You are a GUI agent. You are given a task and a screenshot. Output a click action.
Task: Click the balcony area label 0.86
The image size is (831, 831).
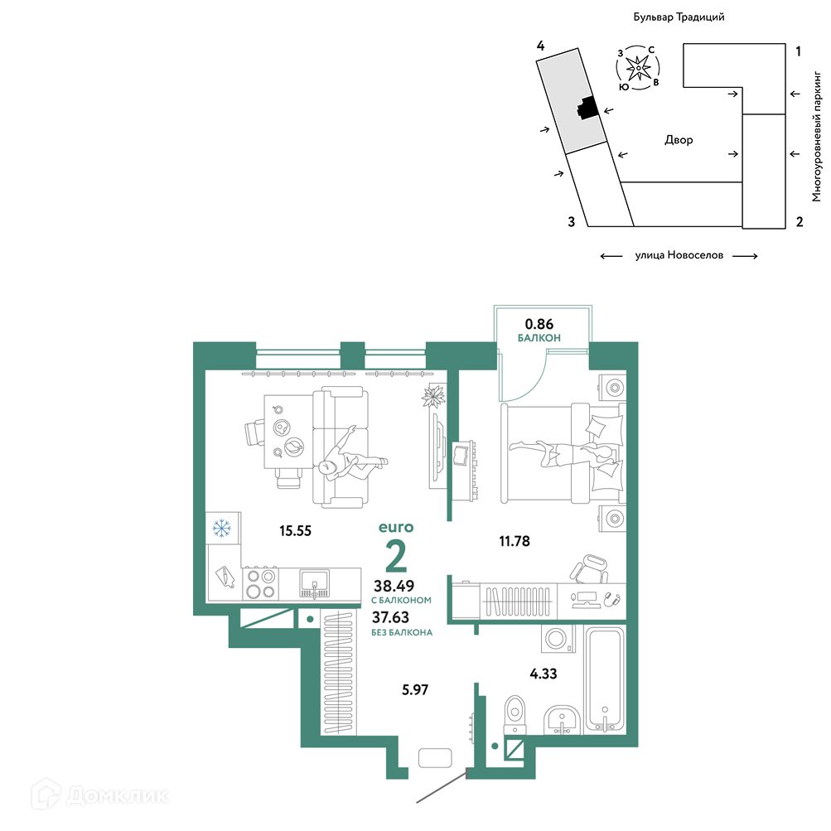coord(539,324)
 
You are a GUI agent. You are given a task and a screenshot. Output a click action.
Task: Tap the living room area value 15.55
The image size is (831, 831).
coord(295,530)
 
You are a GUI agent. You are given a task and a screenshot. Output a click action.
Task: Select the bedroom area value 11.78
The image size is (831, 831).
coord(514,541)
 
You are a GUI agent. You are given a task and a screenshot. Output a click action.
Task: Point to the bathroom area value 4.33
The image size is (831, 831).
coord(544,674)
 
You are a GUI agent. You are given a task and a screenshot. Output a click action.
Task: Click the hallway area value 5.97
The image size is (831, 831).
coord(414,689)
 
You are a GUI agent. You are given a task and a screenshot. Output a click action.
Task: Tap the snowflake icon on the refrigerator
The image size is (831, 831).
coord(221,528)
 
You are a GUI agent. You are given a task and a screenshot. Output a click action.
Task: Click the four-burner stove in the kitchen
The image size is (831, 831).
coord(261,583)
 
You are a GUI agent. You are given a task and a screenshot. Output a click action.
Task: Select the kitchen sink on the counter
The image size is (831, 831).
coord(314,583)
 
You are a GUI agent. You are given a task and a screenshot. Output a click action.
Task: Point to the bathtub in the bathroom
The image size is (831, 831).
coord(605,680)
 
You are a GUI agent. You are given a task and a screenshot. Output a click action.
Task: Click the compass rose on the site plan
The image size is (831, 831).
coord(638,68)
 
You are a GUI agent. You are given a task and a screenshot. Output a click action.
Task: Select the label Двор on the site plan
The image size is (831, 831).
coord(679,140)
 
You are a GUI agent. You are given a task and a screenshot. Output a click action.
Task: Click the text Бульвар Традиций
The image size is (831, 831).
coord(679,17)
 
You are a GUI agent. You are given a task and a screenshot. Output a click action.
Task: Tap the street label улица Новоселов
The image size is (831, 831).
coord(679,255)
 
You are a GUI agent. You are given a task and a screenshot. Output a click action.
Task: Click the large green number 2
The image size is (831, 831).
coord(396,555)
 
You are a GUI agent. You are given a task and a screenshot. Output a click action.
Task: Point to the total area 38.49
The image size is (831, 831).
coord(394,586)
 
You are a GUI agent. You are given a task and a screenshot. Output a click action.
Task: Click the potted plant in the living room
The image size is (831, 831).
coord(434,396)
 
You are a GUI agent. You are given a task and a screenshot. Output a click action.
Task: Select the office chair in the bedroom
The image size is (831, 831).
coord(589,568)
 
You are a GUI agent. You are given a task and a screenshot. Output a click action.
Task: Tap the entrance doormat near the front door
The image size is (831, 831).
coord(435,758)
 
